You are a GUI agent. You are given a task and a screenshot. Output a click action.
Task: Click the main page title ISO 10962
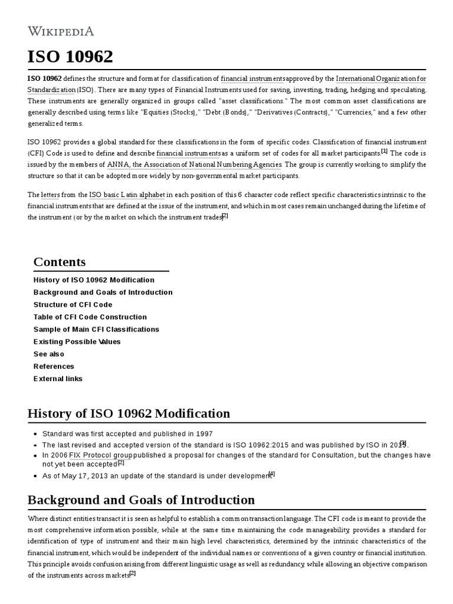[70, 57]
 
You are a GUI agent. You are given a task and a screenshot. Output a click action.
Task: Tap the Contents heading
[60, 261]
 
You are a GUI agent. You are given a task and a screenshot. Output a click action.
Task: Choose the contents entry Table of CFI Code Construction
[90, 317]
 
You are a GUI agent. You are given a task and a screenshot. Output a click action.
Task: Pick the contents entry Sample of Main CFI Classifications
[96, 329]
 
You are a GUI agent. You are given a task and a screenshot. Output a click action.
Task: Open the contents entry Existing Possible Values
[77, 342]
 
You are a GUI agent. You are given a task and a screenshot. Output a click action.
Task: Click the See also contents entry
[49, 354]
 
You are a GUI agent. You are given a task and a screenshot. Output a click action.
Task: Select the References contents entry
[54, 366]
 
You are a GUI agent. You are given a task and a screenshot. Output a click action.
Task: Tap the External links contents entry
[58, 379]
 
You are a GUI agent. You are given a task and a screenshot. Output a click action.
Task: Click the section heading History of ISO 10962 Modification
[129, 413]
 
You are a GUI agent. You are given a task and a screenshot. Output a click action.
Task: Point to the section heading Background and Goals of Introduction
[141, 500]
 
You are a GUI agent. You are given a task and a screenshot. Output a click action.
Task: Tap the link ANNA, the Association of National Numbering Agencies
[194, 165]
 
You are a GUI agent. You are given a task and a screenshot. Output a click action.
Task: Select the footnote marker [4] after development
[271, 474]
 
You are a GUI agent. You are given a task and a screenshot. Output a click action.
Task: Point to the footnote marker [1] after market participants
[384, 151]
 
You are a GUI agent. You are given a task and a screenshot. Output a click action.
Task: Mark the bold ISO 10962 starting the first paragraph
[44, 78]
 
